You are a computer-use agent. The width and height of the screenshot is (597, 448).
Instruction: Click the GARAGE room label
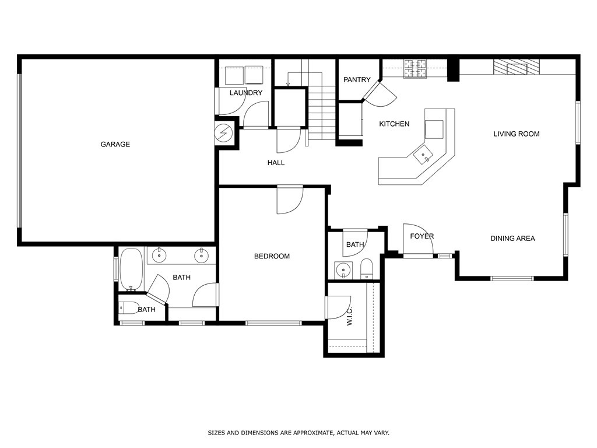click(x=115, y=144)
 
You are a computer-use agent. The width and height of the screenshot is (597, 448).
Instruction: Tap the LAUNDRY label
click(x=245, y=93)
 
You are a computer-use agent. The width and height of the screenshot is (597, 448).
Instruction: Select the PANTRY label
click(x=357, y=80)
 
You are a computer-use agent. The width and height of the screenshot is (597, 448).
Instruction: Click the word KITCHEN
click(x=394, y=124)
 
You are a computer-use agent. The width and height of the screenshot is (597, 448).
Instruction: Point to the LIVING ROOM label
click(x=516, y=134)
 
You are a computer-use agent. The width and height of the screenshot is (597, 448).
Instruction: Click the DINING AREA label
click(x=512, y=238)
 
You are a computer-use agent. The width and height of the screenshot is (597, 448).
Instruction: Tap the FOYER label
click(x=422, y=236)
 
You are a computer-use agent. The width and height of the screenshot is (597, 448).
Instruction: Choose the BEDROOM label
click(x=272, y=256)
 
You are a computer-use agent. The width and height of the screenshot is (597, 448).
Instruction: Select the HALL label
click(x=276, y=163)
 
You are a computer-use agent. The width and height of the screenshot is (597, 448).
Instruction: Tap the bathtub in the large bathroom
click(x=131, y=269)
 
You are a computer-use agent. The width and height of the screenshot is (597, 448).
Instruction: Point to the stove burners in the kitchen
click(x=415, y=68)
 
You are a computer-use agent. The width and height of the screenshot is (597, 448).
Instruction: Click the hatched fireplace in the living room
click(x=517, y=67)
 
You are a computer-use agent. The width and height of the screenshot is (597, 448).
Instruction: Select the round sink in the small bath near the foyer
click(x=343, y=270)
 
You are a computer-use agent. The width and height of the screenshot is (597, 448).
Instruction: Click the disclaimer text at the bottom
click(x=298, y=433)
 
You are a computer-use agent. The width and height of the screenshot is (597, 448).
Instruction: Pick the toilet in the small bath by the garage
click(x=129, y=307)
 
